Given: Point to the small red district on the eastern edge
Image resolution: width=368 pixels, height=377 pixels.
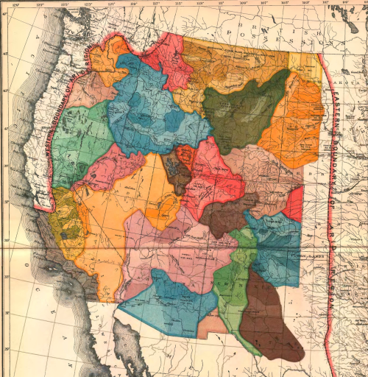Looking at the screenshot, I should [294, 205].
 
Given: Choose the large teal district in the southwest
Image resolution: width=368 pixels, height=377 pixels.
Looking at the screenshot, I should [166, 302].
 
